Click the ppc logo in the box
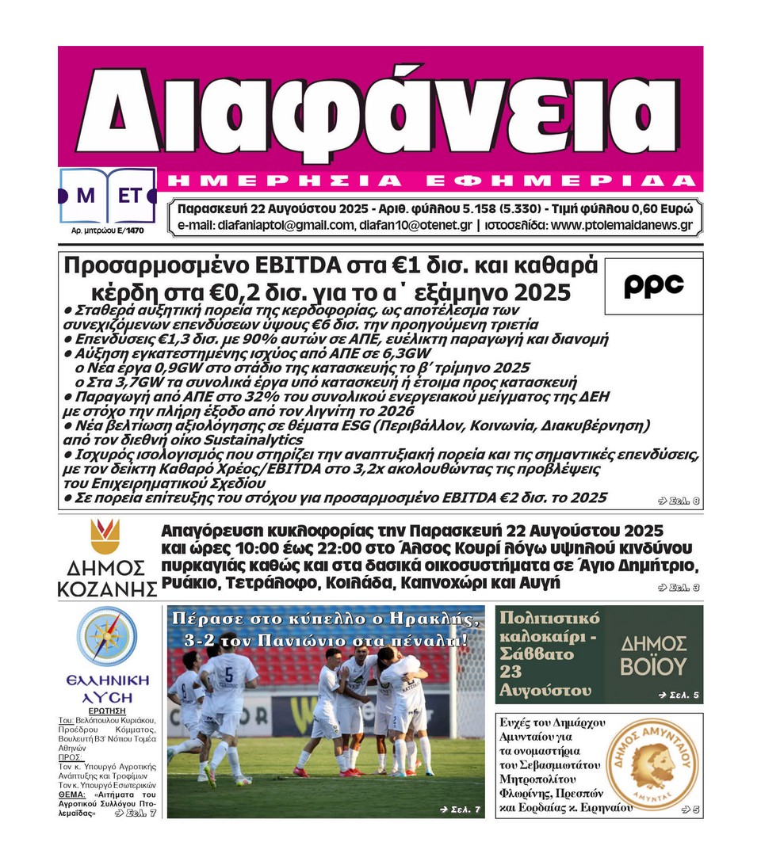653,286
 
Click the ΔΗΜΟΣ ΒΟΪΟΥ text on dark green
653,654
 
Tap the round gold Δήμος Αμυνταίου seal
655,765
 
